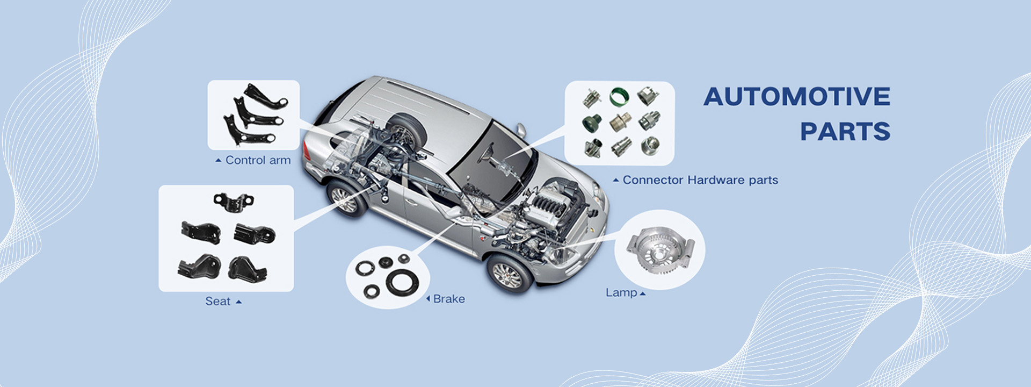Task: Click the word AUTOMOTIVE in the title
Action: pyautogui.click(x=797, y=97)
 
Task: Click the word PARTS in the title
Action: pyautogui.click(x=845, y=132)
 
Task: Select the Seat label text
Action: pyautogui.click(x=217, y=302)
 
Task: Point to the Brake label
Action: pyautogui.click(x=449, y=299)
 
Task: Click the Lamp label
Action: pyautogui.click(x=621, y=293)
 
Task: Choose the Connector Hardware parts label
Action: pyautogui.click(x=700, y=180)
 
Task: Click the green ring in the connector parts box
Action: pyautogui.click(x=619, y=97)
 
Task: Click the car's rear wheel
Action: pyautogui.click(x=346, y=198)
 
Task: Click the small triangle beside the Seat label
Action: pyautogui.click(x=239, y=302)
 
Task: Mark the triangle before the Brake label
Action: pyautogui.click(x=428, y=299)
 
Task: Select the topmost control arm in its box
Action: pyautogui.click(x=266, y=97)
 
